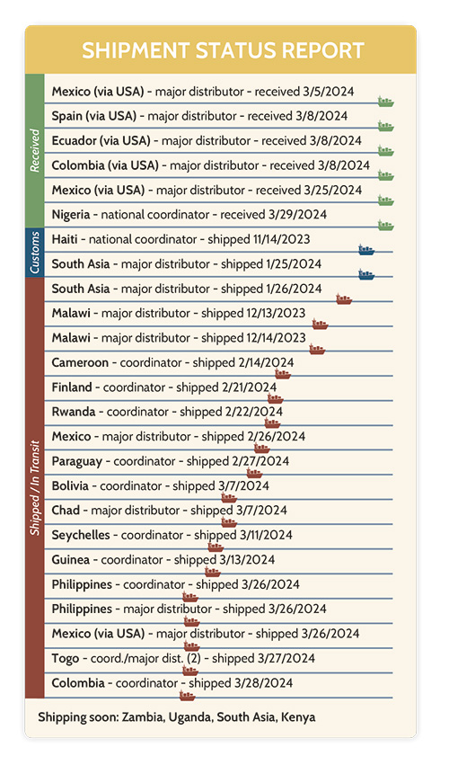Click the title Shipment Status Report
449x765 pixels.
pyautogui.click(x=224, y=50)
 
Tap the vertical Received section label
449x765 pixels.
pyautogui.click(x=35, y=150)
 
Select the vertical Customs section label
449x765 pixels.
pyautogui.click(x=35, y=253)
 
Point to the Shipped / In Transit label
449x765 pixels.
pyautogui.click(x=35, y=488)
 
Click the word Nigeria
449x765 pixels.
pyautogui.click(x=71, y=215)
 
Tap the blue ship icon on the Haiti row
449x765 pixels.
pyautogui.click(x=366, y=250)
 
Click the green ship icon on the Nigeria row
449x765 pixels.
pyautogui.click(x=385, y=225)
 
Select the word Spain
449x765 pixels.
pyautogui.click(x=66, y=116)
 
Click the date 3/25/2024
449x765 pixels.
pyautogui.click(x=333, y=190)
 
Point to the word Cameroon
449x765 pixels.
pyautogui.click(x=80, y=362)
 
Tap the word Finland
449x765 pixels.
pyautogui.click(x=72, y=387)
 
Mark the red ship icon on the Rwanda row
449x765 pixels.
pyautogui.click(x=272, y=423)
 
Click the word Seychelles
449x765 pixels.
pyautogui.click(x=81, y=535)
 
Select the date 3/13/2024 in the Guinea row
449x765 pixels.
pyautogui.click(x=247, y=560)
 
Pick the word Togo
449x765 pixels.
pyautogui.click(x=66, y=658)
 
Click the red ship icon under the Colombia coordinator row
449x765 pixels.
pyautogui.click(x=187, y=695)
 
